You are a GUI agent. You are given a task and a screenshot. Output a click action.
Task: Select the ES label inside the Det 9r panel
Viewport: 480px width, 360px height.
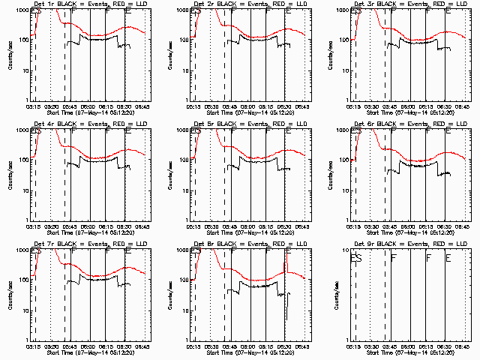[357, 258]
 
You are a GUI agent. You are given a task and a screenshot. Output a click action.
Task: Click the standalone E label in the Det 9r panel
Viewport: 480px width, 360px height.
[448, 258]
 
